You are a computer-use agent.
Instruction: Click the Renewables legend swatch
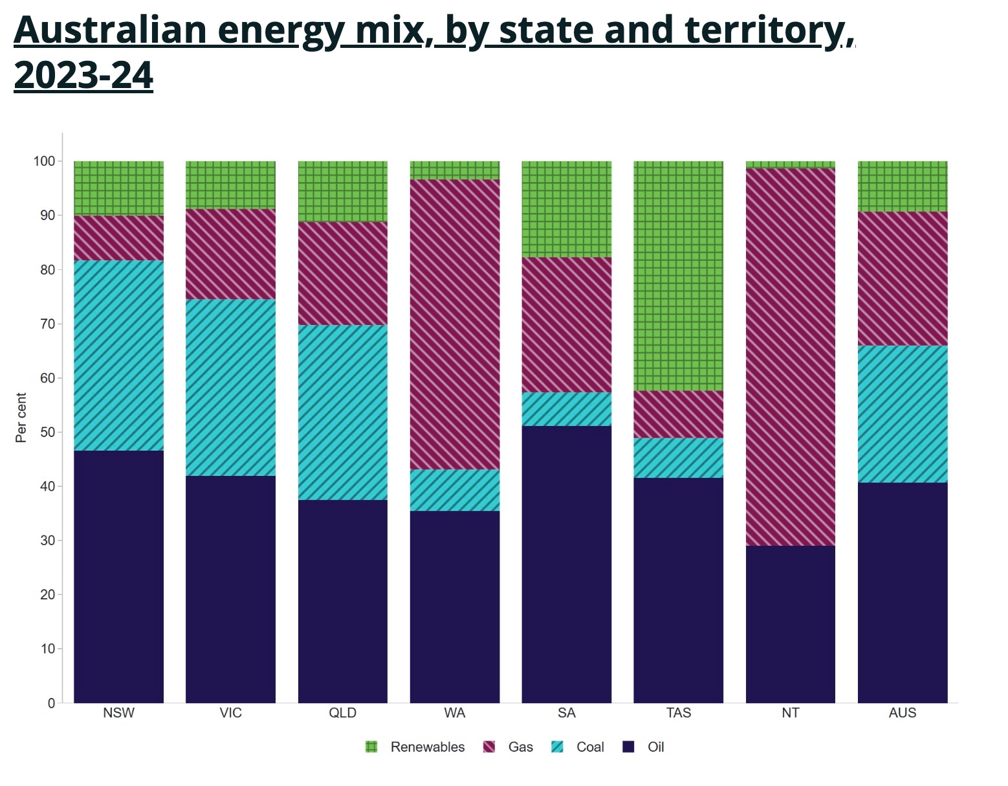pyautogui.click(x=371, y=747)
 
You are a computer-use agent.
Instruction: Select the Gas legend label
pyautogui.click(x=520, y=747)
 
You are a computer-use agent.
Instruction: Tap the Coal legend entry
pyautogui.click(x=590, y=747)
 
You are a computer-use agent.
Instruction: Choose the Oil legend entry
pyautogui.click(x=655, y=747)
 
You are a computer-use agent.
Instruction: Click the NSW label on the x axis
pyautogui.click(x=119, y=713)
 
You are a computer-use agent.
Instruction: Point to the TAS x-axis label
pyautogui.click(x=679, y=713)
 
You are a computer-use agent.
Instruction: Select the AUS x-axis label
pyautogui.click(x=903, y=713)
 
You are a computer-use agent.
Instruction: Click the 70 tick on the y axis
pyautogui.click(x=48, y=324)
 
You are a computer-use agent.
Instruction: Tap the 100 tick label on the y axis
pyautogui.click(x=45, y=161)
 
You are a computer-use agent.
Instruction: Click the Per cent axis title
pyautogui.click(x=21, y=418)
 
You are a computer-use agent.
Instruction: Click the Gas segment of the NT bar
pyautogui.click(x=791, y=356)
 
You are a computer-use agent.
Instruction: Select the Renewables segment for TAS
pyautogui.click(x=679, y=276)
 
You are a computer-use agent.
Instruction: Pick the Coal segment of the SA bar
pyautogui.click(x=567, y=409)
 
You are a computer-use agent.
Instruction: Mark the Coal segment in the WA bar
pyautogui.click(x=455, y=490)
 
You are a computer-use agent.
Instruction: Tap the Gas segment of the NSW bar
pyautogui.click(x=119, y=238)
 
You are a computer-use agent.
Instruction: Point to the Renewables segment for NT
pyautogui.click(x=791, y=164)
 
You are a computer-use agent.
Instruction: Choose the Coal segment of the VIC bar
pyautogui.click(x=231, y=387)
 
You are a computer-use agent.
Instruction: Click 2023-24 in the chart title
pyautogui.click(x=83, y=75)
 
